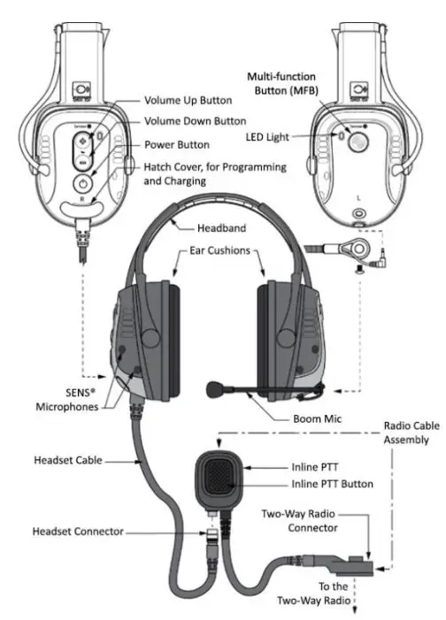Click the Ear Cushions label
[219, 250]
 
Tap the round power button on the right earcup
[81, 180]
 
